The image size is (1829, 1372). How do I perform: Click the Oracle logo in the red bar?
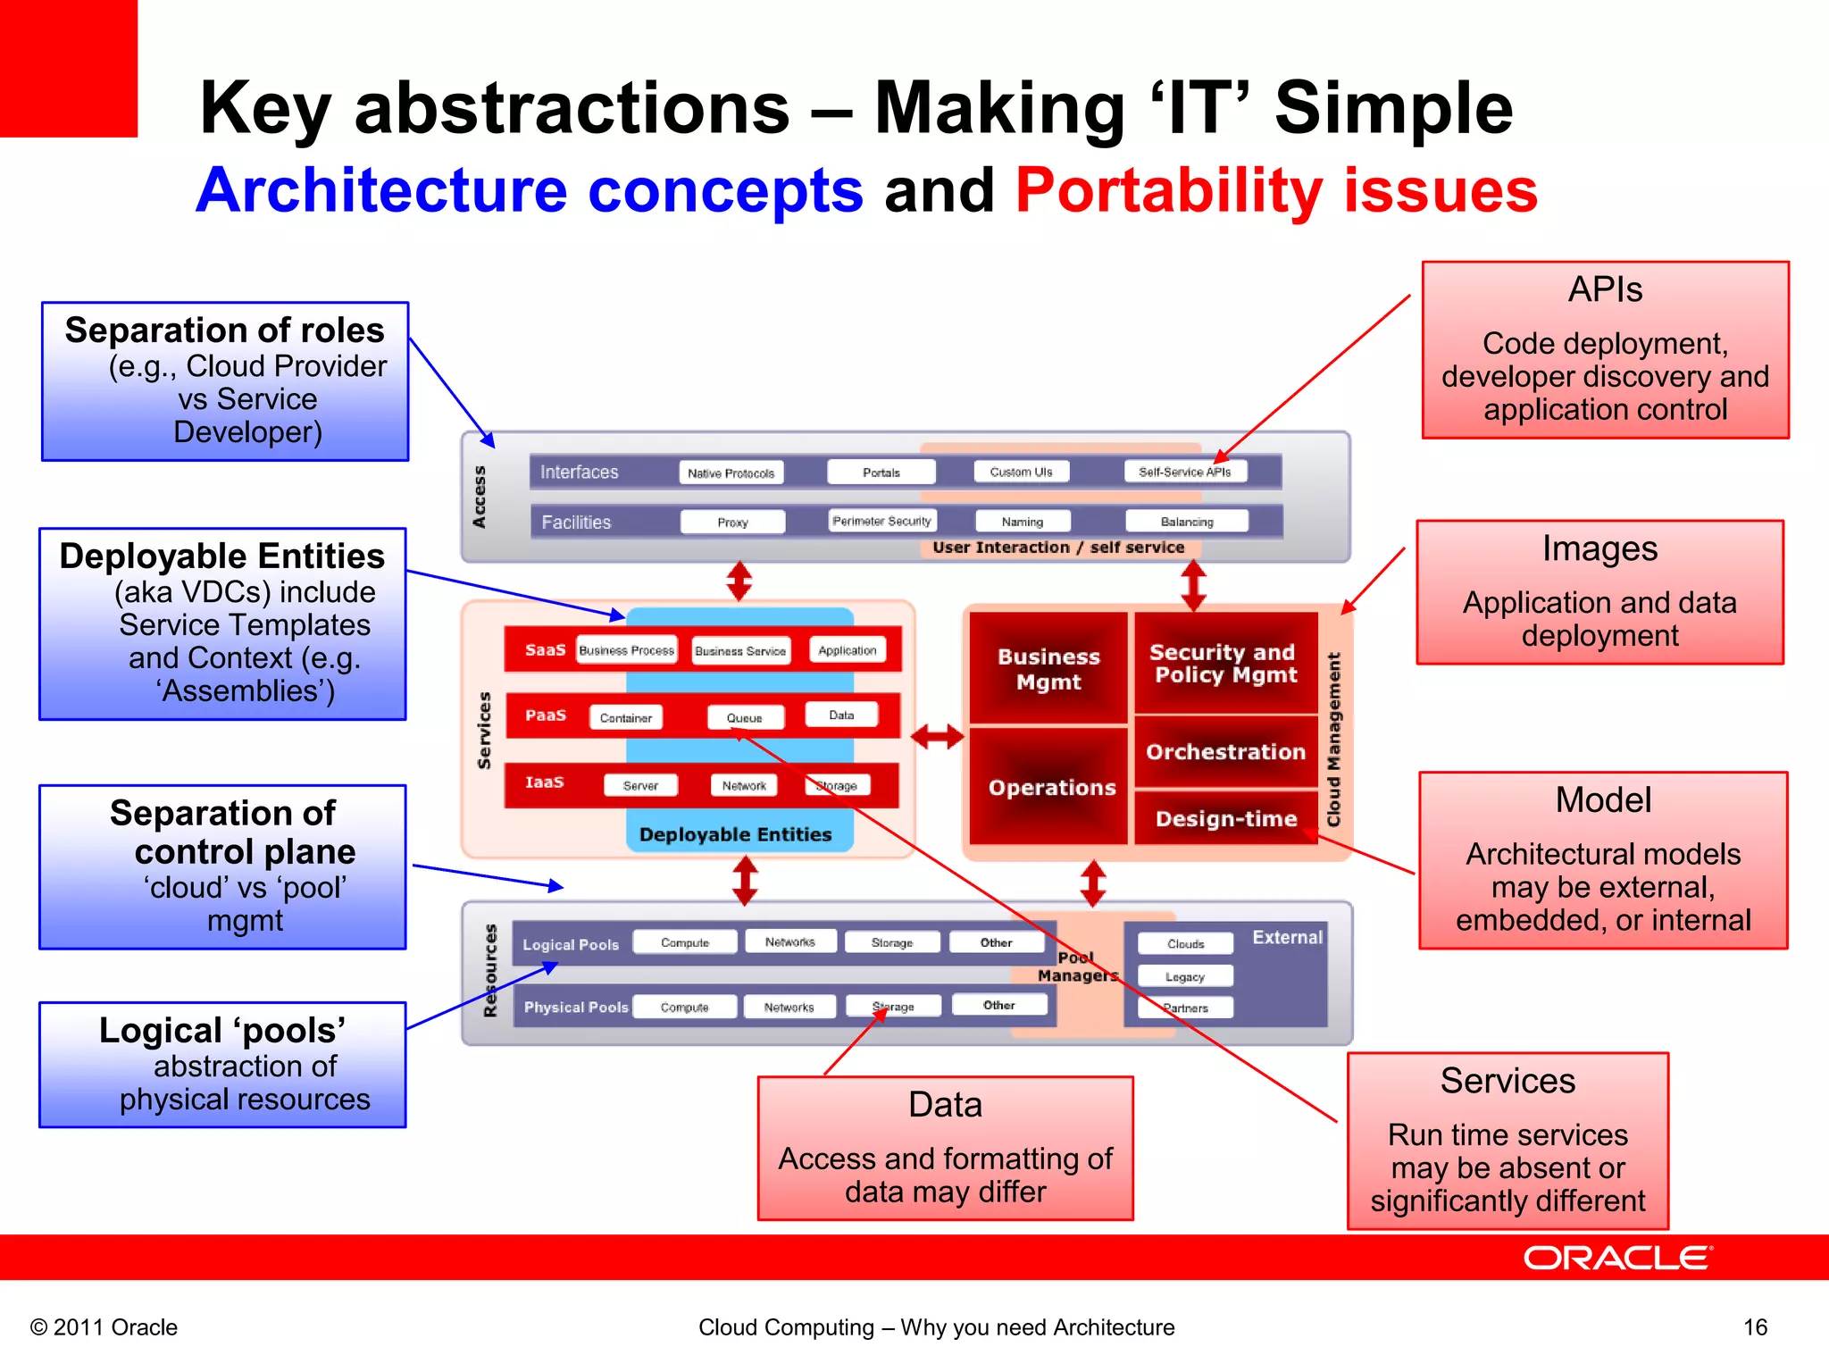pos(1616,1258)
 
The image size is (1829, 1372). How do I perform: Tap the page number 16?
pos(1755,1327)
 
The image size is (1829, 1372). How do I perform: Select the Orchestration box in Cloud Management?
pos(1225,752)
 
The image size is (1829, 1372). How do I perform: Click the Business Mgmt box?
pos(1048,669)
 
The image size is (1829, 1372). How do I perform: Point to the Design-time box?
pos(1225,818)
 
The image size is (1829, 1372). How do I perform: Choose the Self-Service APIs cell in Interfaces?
pos(1184,472)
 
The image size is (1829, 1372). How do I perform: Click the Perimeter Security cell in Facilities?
pos(881,521)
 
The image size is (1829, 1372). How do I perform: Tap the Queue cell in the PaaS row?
pos(745,717)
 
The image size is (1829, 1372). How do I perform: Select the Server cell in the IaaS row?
pos(640,785)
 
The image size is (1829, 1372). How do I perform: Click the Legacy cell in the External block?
pos(1184,976)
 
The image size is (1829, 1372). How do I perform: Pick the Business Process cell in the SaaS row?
pos(626,650)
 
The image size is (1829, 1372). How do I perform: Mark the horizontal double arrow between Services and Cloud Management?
pos(937,737)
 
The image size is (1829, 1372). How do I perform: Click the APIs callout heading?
pos(1605,289)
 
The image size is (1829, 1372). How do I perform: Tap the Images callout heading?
pos(1599,548)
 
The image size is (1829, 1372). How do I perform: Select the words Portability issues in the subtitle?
pos(1276,190)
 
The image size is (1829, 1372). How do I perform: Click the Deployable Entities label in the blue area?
pos(735,834)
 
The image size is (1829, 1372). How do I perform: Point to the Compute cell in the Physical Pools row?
pos(684,1007)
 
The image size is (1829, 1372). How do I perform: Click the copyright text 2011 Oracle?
pos(104,1327)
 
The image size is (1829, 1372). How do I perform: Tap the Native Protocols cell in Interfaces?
pos(731,473)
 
